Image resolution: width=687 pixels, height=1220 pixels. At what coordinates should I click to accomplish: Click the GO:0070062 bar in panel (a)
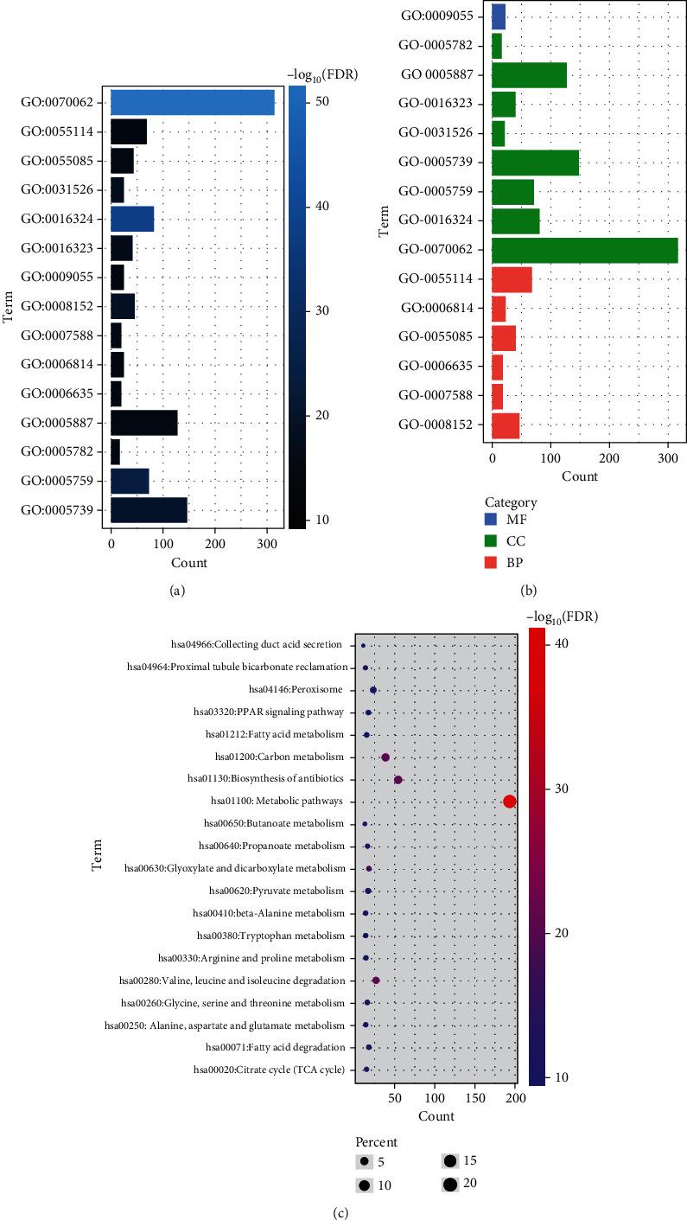pos(192,102)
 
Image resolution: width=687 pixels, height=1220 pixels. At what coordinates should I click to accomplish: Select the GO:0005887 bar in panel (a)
pos(143,423)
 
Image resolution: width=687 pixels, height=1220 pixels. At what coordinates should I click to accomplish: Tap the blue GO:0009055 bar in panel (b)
pos(498,16)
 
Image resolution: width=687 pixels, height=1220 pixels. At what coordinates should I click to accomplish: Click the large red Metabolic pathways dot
pos(509,802)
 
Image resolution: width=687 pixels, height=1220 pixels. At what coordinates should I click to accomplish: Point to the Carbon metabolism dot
pos(385,757)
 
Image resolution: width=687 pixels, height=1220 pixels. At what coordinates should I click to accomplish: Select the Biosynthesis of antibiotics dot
pos(398,779)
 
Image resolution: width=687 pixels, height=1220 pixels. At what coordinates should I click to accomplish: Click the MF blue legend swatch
pos(493,521)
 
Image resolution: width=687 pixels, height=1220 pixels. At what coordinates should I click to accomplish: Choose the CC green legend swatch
pos(493,541)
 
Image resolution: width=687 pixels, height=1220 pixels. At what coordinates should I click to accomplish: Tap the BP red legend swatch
pos(493,561)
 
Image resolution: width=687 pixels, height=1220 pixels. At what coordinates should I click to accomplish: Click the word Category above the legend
pos(509,502)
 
